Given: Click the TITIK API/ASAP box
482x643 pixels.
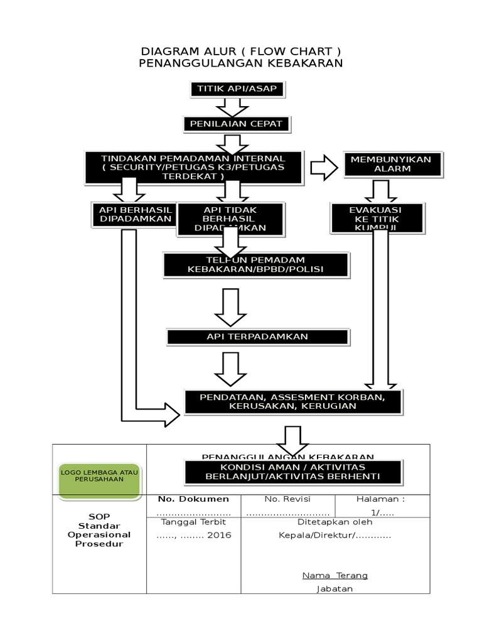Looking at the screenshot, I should (237, 89).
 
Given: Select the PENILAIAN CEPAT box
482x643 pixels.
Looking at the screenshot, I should (237, 124).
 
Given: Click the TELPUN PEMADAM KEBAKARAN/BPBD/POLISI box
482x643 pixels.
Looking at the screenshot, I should (255, 265).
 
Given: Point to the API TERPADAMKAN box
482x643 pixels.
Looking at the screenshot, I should (257, 337).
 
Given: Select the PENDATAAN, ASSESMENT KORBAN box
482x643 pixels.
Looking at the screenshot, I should (292, 402).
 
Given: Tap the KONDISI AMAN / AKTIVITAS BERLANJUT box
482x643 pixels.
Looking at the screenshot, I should (292, 472).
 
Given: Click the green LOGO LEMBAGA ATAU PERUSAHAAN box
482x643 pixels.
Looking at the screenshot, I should (101, 475).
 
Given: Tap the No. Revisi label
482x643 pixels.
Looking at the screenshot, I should (287, 499).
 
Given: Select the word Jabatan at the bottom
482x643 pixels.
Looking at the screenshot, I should (335, 588).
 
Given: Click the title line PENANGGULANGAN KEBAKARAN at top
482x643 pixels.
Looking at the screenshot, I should (240, 63).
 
